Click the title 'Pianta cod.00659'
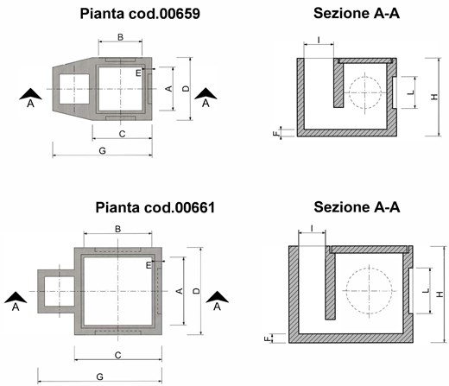[x=140, y=14]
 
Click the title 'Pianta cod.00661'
[x=155, y=207]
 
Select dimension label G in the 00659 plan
[x=102, y=150]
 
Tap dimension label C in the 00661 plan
[x=118, y=355]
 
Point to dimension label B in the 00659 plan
[x=121, y=37]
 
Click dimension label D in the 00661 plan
[x=196, y=291]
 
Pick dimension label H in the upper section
[x=434, y=97]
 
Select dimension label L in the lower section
[x=426, y=291]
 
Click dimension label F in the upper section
[x=276, y=133]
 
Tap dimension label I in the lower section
[x=313, y=229]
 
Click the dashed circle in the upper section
[x=365, y=92]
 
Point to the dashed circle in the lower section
[x=369, y=291]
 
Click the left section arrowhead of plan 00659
[x=30, y=94]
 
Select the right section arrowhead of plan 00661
[x=218, y=297]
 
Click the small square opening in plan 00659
[x=74, y=89]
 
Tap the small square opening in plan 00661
[x=60, y=291]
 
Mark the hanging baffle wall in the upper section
[x=338, y=83]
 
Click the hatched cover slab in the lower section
[x=370, y=250]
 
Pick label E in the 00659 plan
[x=139, y=73]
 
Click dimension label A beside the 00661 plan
[x=180, y=291]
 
